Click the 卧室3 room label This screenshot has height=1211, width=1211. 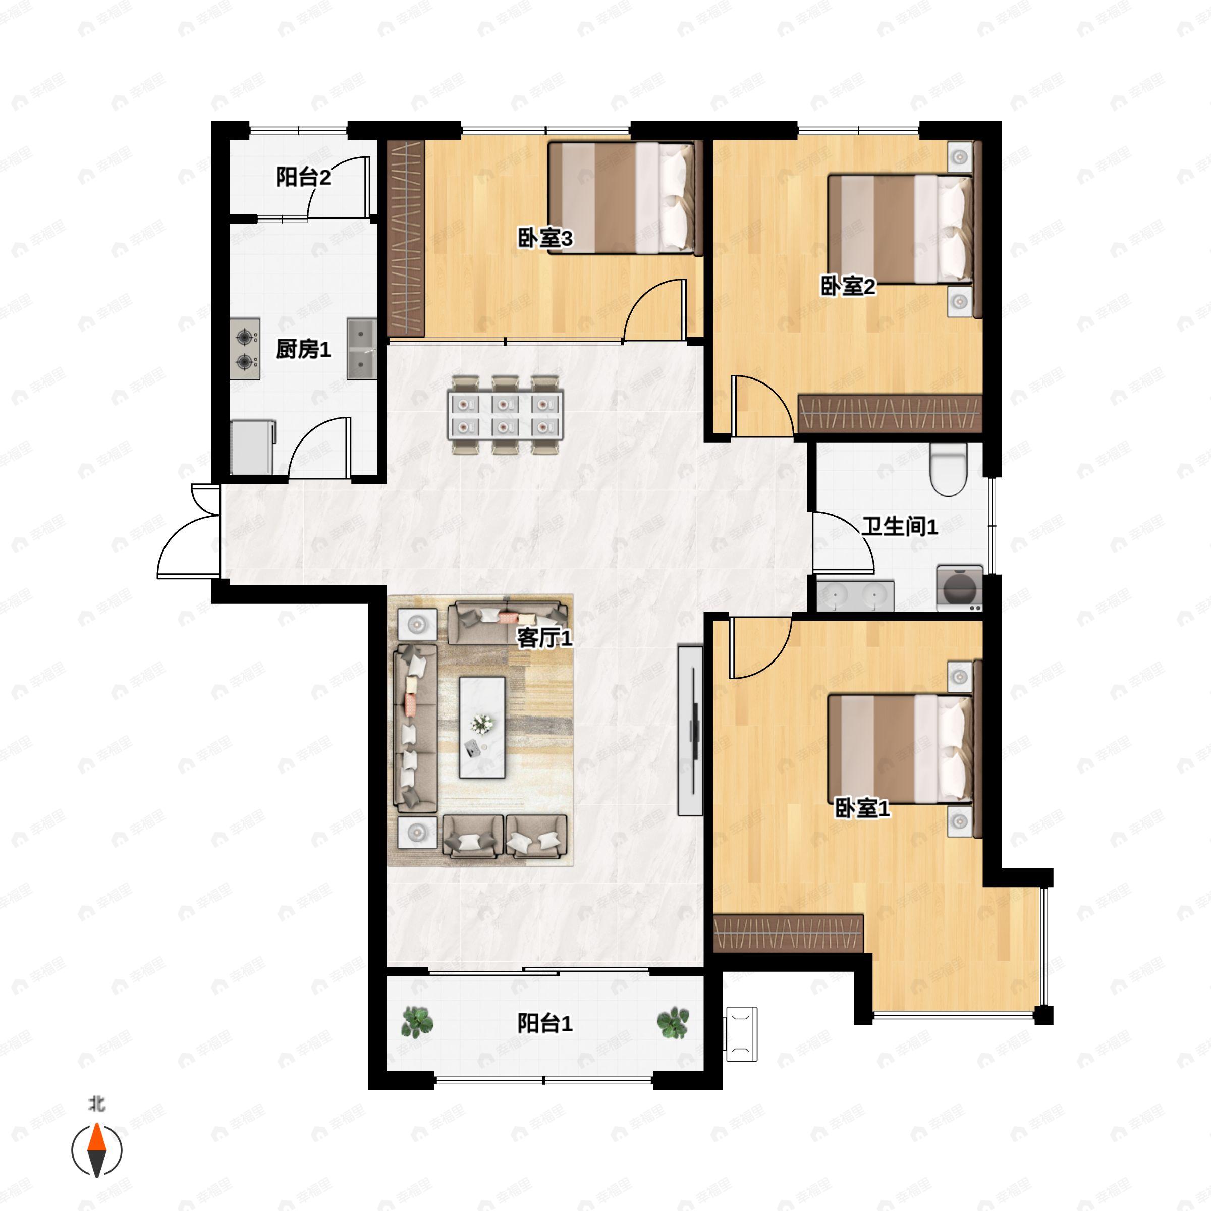coord(545,238)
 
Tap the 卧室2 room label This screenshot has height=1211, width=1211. coord(848,287)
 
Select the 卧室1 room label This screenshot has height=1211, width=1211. coord(862,808)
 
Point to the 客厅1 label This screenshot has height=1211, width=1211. coord(544,638)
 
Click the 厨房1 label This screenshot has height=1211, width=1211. coord(303,349)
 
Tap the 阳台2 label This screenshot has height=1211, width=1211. coord(303,178)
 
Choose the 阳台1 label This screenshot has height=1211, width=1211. coord(545,1024)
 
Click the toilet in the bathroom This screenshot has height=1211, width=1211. coord(949,469)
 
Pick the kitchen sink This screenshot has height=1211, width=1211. coord(362,349)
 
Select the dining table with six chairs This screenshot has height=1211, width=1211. coord(505,414)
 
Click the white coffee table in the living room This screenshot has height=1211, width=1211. coord(482,727)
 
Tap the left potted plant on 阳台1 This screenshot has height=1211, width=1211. coord(416,1022)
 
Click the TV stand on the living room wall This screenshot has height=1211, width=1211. coord(690,730)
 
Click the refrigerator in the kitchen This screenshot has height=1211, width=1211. coord(252,447)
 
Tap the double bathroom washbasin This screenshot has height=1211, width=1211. coord(856,595)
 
